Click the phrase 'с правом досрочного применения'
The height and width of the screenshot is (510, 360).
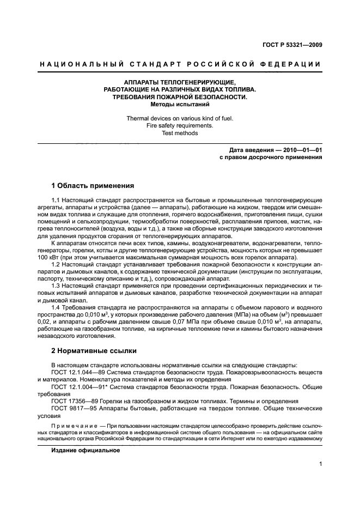(x=270, y=157)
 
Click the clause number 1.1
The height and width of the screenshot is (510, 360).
(x=55, y=201)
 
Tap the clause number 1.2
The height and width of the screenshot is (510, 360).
(x=55, y=264)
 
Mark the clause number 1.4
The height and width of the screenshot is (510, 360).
(x=55, y=306)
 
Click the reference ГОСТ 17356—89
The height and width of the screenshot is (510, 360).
(x=72, y=400)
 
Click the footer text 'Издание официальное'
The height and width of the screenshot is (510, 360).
(x=85, y=451)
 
